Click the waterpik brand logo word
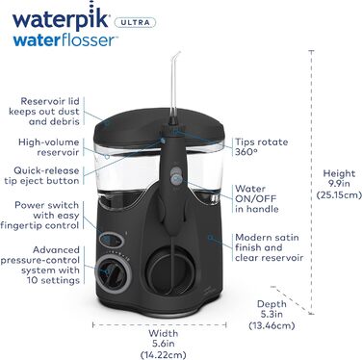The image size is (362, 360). [58, 18]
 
